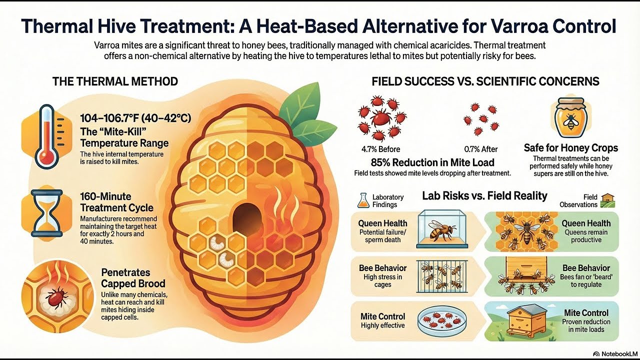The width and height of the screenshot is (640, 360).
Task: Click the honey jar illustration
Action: click(x=570, y=119)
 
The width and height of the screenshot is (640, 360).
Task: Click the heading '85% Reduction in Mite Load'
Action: click(x=432, y=162)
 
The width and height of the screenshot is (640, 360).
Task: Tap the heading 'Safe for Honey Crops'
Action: click(x=571, y=148)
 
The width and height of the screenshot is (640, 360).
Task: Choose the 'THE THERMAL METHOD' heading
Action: click(x=115, y=81)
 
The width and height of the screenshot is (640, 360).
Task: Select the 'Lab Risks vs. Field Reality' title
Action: click(x=484, y=195)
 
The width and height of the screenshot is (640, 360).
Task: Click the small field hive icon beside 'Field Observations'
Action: click(x=608, y=200)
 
